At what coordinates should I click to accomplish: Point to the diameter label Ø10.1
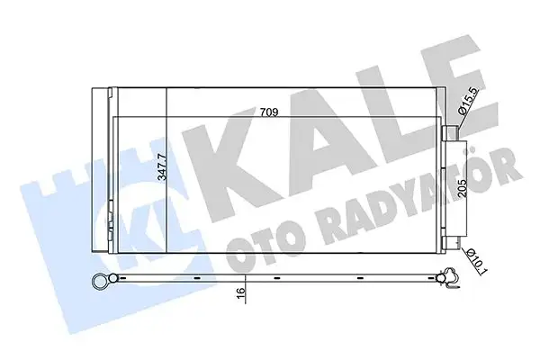(476, 261)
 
